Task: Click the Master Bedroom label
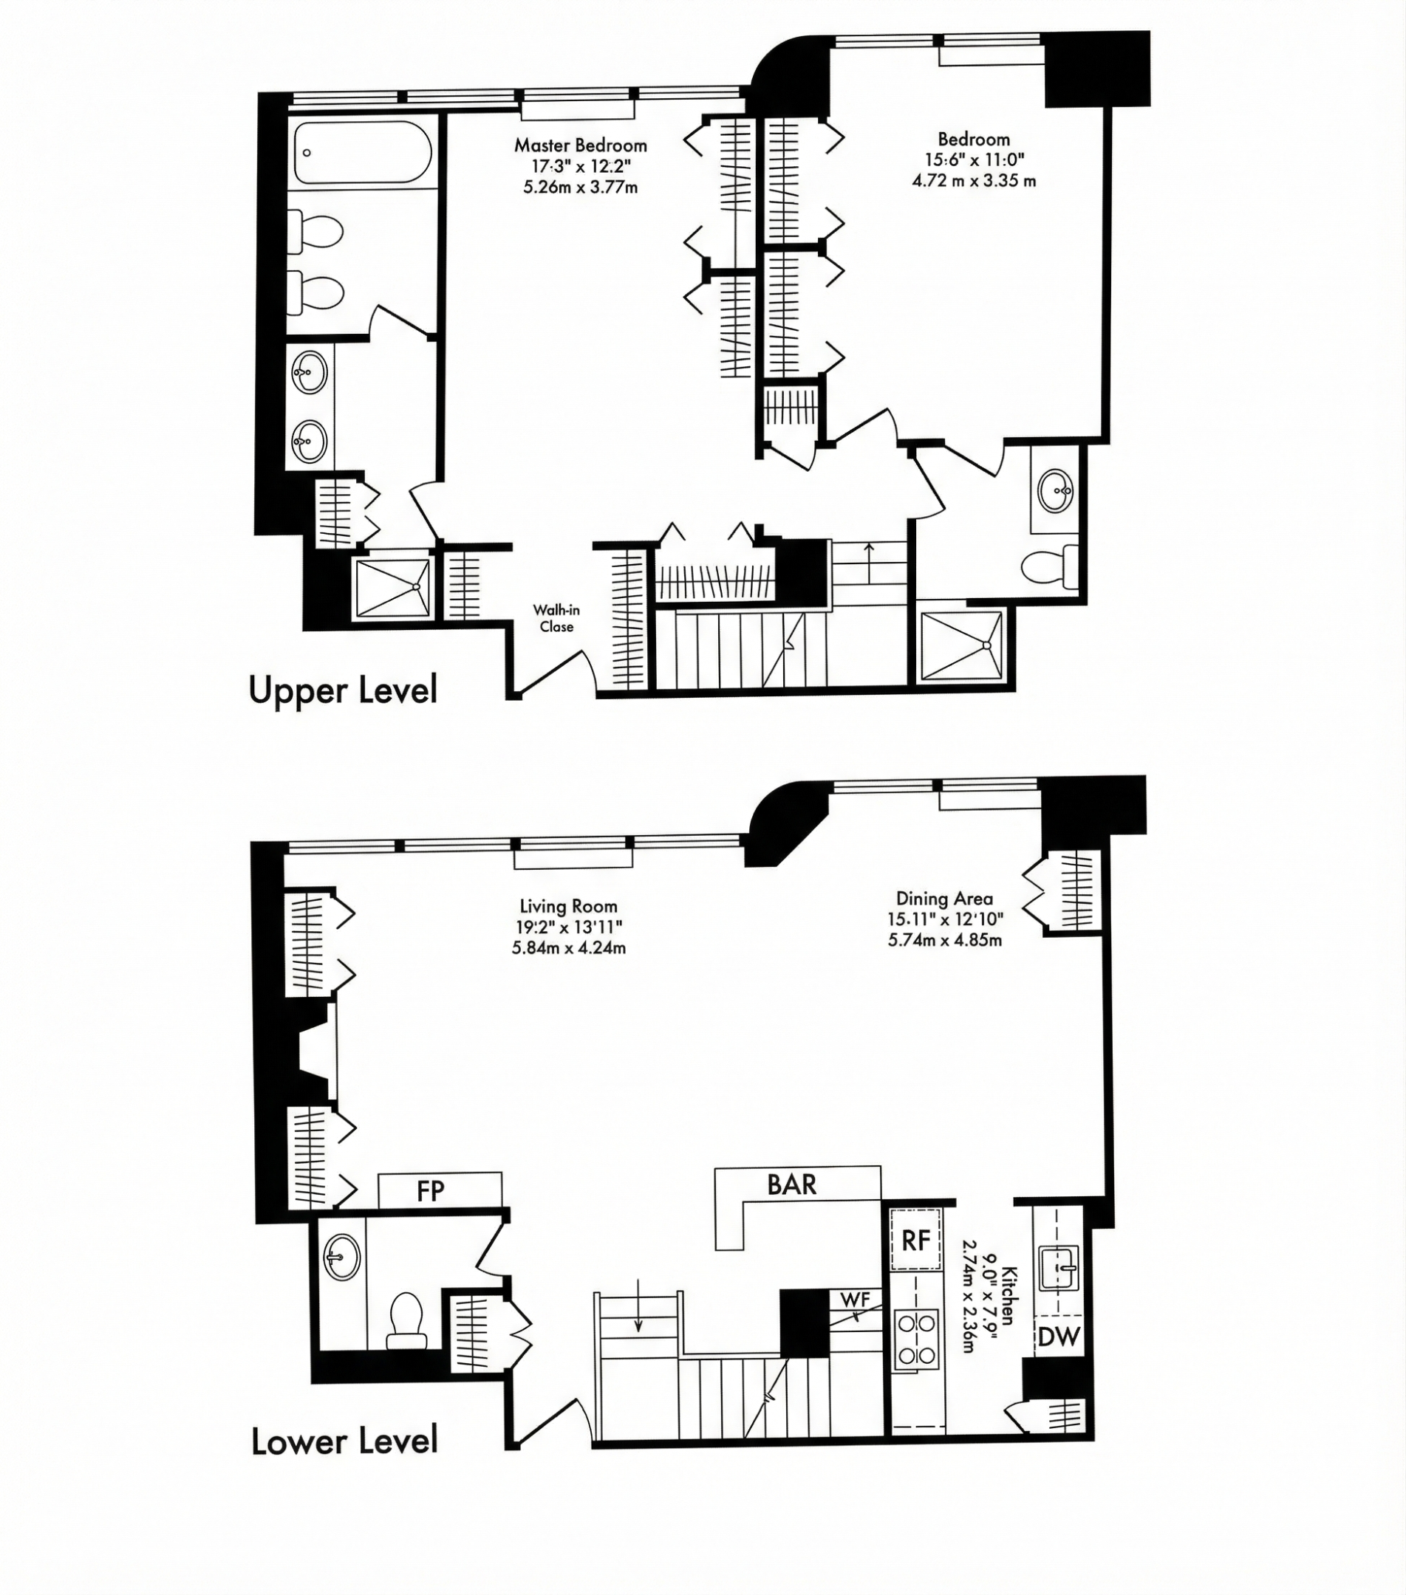[x=580, y=145]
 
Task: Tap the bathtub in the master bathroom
[x=363, y=152]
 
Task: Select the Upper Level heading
[x=343, y=690]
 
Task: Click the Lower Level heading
[x=344, y=1441]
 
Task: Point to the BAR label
[x=791, y=1184]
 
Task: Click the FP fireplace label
[x=430, y=1191]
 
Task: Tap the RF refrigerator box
[x=915, y=1240]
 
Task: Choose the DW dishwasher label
[x=1059, y=1337]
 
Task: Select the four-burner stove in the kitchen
[x=916, y=1339]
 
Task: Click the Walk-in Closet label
[x=556, y=618]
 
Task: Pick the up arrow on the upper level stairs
[x=869, y=562]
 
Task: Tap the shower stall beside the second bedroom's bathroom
[x=962, y=645]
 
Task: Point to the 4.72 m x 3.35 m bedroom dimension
[x=974, y=181]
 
